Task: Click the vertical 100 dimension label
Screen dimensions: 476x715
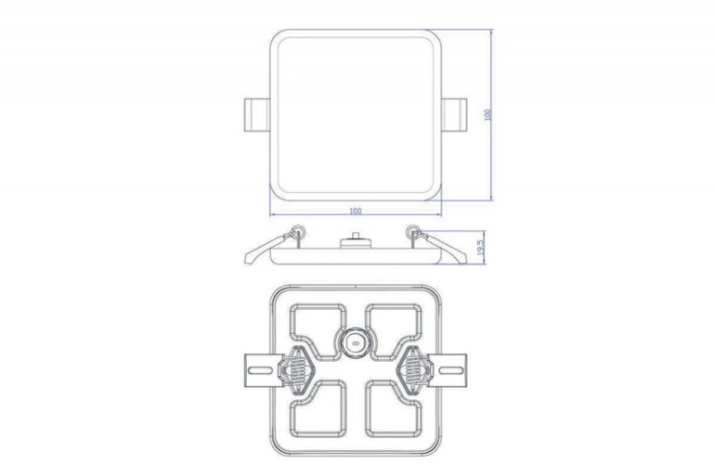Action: [x=489, y=114]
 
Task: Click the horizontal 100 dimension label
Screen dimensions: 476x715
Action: [x=356, y=209]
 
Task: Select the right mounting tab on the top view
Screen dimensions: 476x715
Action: [x=454, y=113]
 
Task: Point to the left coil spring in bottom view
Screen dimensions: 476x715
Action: [x=298, y=368]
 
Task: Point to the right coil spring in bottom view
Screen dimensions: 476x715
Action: [x=414, y=368]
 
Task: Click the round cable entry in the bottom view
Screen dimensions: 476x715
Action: [x=356, y=340]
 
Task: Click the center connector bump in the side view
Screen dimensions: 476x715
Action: [x=356, y=237]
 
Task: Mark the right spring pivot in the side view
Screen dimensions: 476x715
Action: [x=413, y=230]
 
